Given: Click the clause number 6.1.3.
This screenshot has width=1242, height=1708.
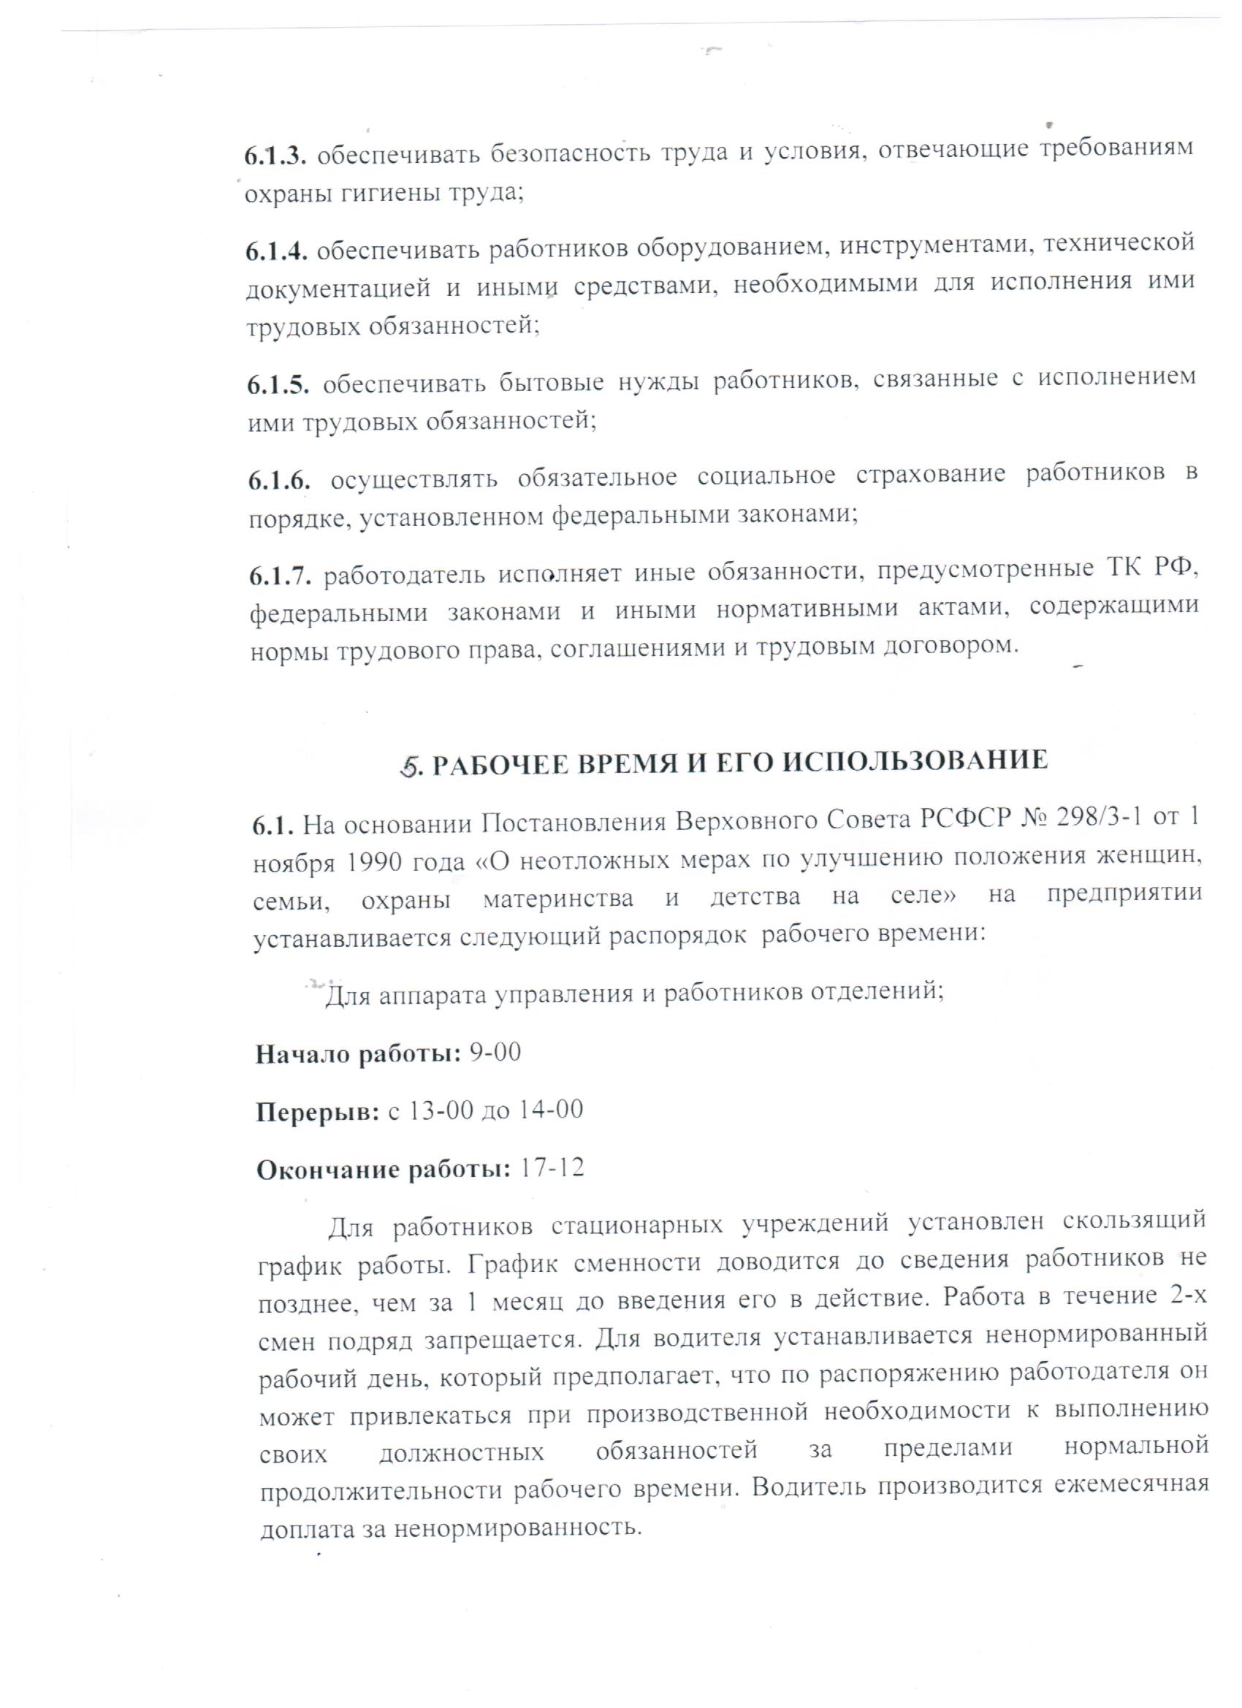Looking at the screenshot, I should pyautogui.click(x=275, y=156).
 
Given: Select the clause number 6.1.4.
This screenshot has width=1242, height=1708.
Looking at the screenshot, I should pyautogui.click(x=276, y=251).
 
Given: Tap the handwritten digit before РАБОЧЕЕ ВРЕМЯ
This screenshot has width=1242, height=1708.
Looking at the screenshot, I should pyautogui.click(x=409, y=765).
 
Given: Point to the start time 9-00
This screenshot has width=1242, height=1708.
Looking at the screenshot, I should pyautogui.click(x=495, y=1052).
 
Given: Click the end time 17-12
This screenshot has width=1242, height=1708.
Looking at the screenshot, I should pyautogui.click(x=552, y=1168).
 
